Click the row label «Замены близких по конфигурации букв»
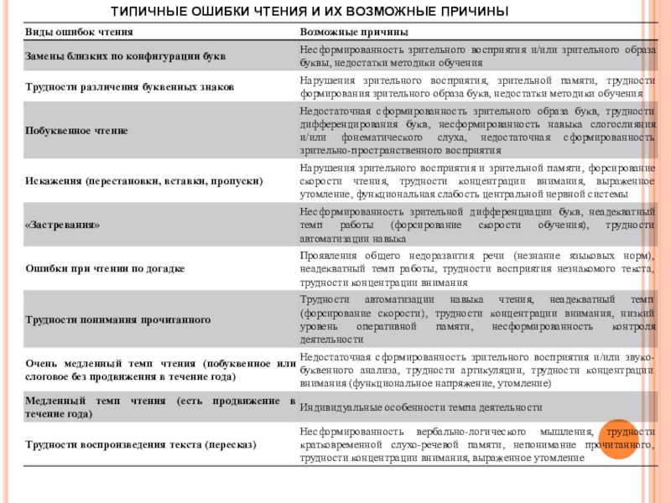pyautogui.click(x=127, y=57)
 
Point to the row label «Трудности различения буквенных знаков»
pyautogui.click(x=129, y=87)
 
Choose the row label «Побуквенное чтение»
pyautogui.click(x=76, y=131)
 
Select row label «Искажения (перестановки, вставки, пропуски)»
pyautogui.click(x=143, y=180)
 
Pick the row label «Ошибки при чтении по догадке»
pyautogui.click(x=105, y=269)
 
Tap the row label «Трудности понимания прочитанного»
pyautogui.click(x=117, y=319)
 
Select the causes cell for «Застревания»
pyautogui.click(x=476, y=226)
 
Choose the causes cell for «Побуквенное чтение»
pyautogui.click(x=476, y=131)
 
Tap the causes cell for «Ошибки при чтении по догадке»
pyautogui.click(x=476, y=269)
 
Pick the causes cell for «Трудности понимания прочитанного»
pyautogui.click(x=476, y=319)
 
